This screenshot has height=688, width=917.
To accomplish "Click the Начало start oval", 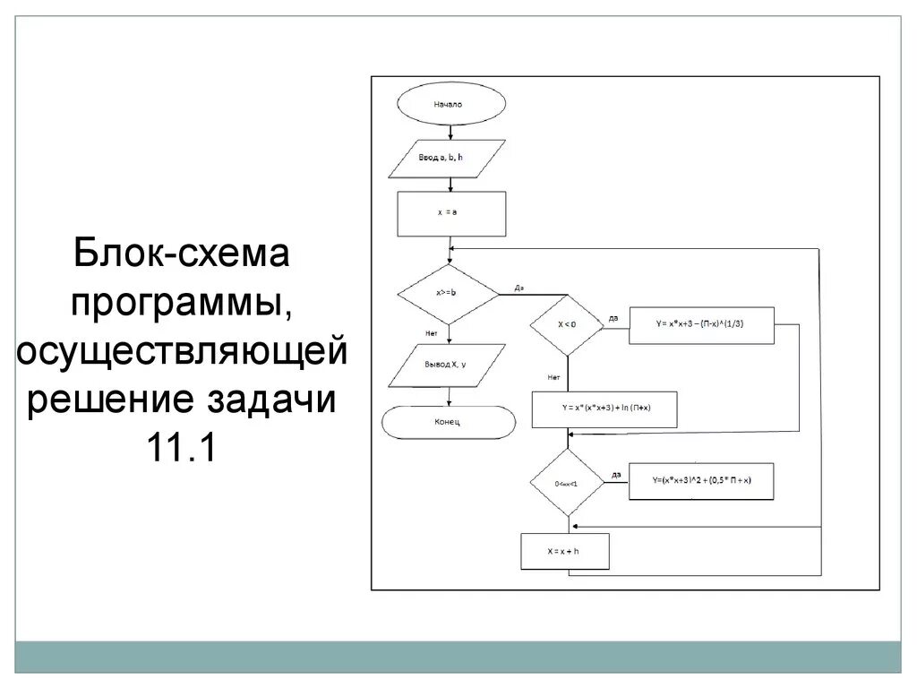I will (449, 104).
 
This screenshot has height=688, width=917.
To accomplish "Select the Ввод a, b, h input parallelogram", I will (449, 159).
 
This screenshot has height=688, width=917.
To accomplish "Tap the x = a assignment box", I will (451, 214).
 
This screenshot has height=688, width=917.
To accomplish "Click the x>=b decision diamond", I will (447, 293).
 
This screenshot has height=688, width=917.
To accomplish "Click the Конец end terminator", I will (449, 421).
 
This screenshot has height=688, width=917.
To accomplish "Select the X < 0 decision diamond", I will (567, 325).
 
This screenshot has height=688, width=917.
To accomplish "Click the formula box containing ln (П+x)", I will (604, 409).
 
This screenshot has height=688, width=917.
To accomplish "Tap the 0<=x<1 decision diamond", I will (567, 482).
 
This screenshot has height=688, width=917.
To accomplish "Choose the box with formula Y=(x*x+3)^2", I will (701, 482).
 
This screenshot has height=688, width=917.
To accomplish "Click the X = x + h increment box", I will (565, 551).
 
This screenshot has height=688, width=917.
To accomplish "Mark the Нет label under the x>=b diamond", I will (431, 333).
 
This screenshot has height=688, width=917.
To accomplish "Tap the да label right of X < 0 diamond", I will (613, 318).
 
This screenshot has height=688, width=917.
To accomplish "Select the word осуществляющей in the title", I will (182, 350).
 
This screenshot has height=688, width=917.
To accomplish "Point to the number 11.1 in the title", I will (183, 447).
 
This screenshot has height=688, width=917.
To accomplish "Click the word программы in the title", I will (182, 303).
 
